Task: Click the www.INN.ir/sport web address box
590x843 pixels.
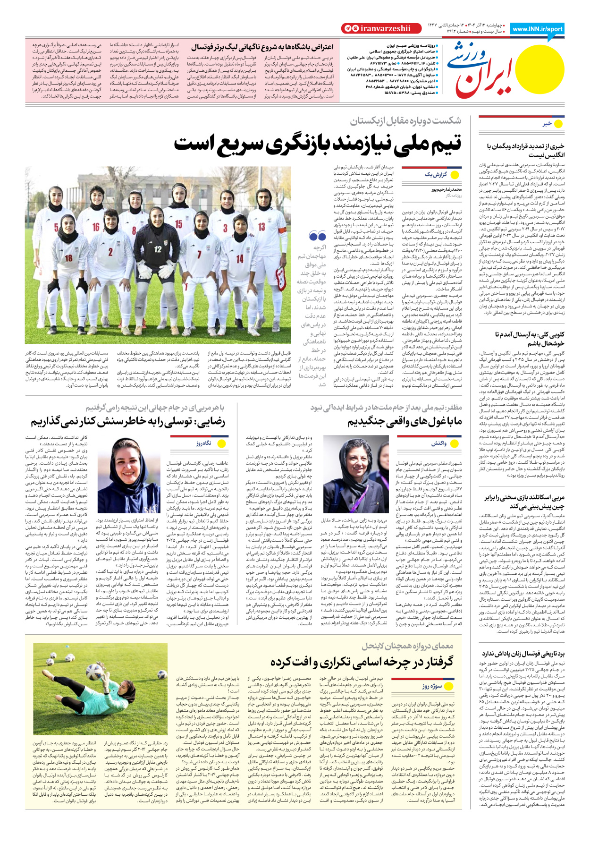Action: pyautogui.click(x=537, y=29)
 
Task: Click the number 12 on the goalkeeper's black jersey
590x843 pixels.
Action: pyautogui.click(x=158, y=249)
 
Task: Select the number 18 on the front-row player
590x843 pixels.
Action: pyautogui.click(x=69, y=258)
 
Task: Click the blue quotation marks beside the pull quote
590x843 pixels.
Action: pyautogui.click(x=318, y=236)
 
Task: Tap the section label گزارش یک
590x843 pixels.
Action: pyautogui.click(x=435, y=175)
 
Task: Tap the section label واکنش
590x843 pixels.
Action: pyautogui.click(x=438, y=443)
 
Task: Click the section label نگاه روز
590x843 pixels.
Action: pyautogui.click(x=203, y=443)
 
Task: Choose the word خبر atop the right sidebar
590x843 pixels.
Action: pyautogui.click(x=547, y=124)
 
